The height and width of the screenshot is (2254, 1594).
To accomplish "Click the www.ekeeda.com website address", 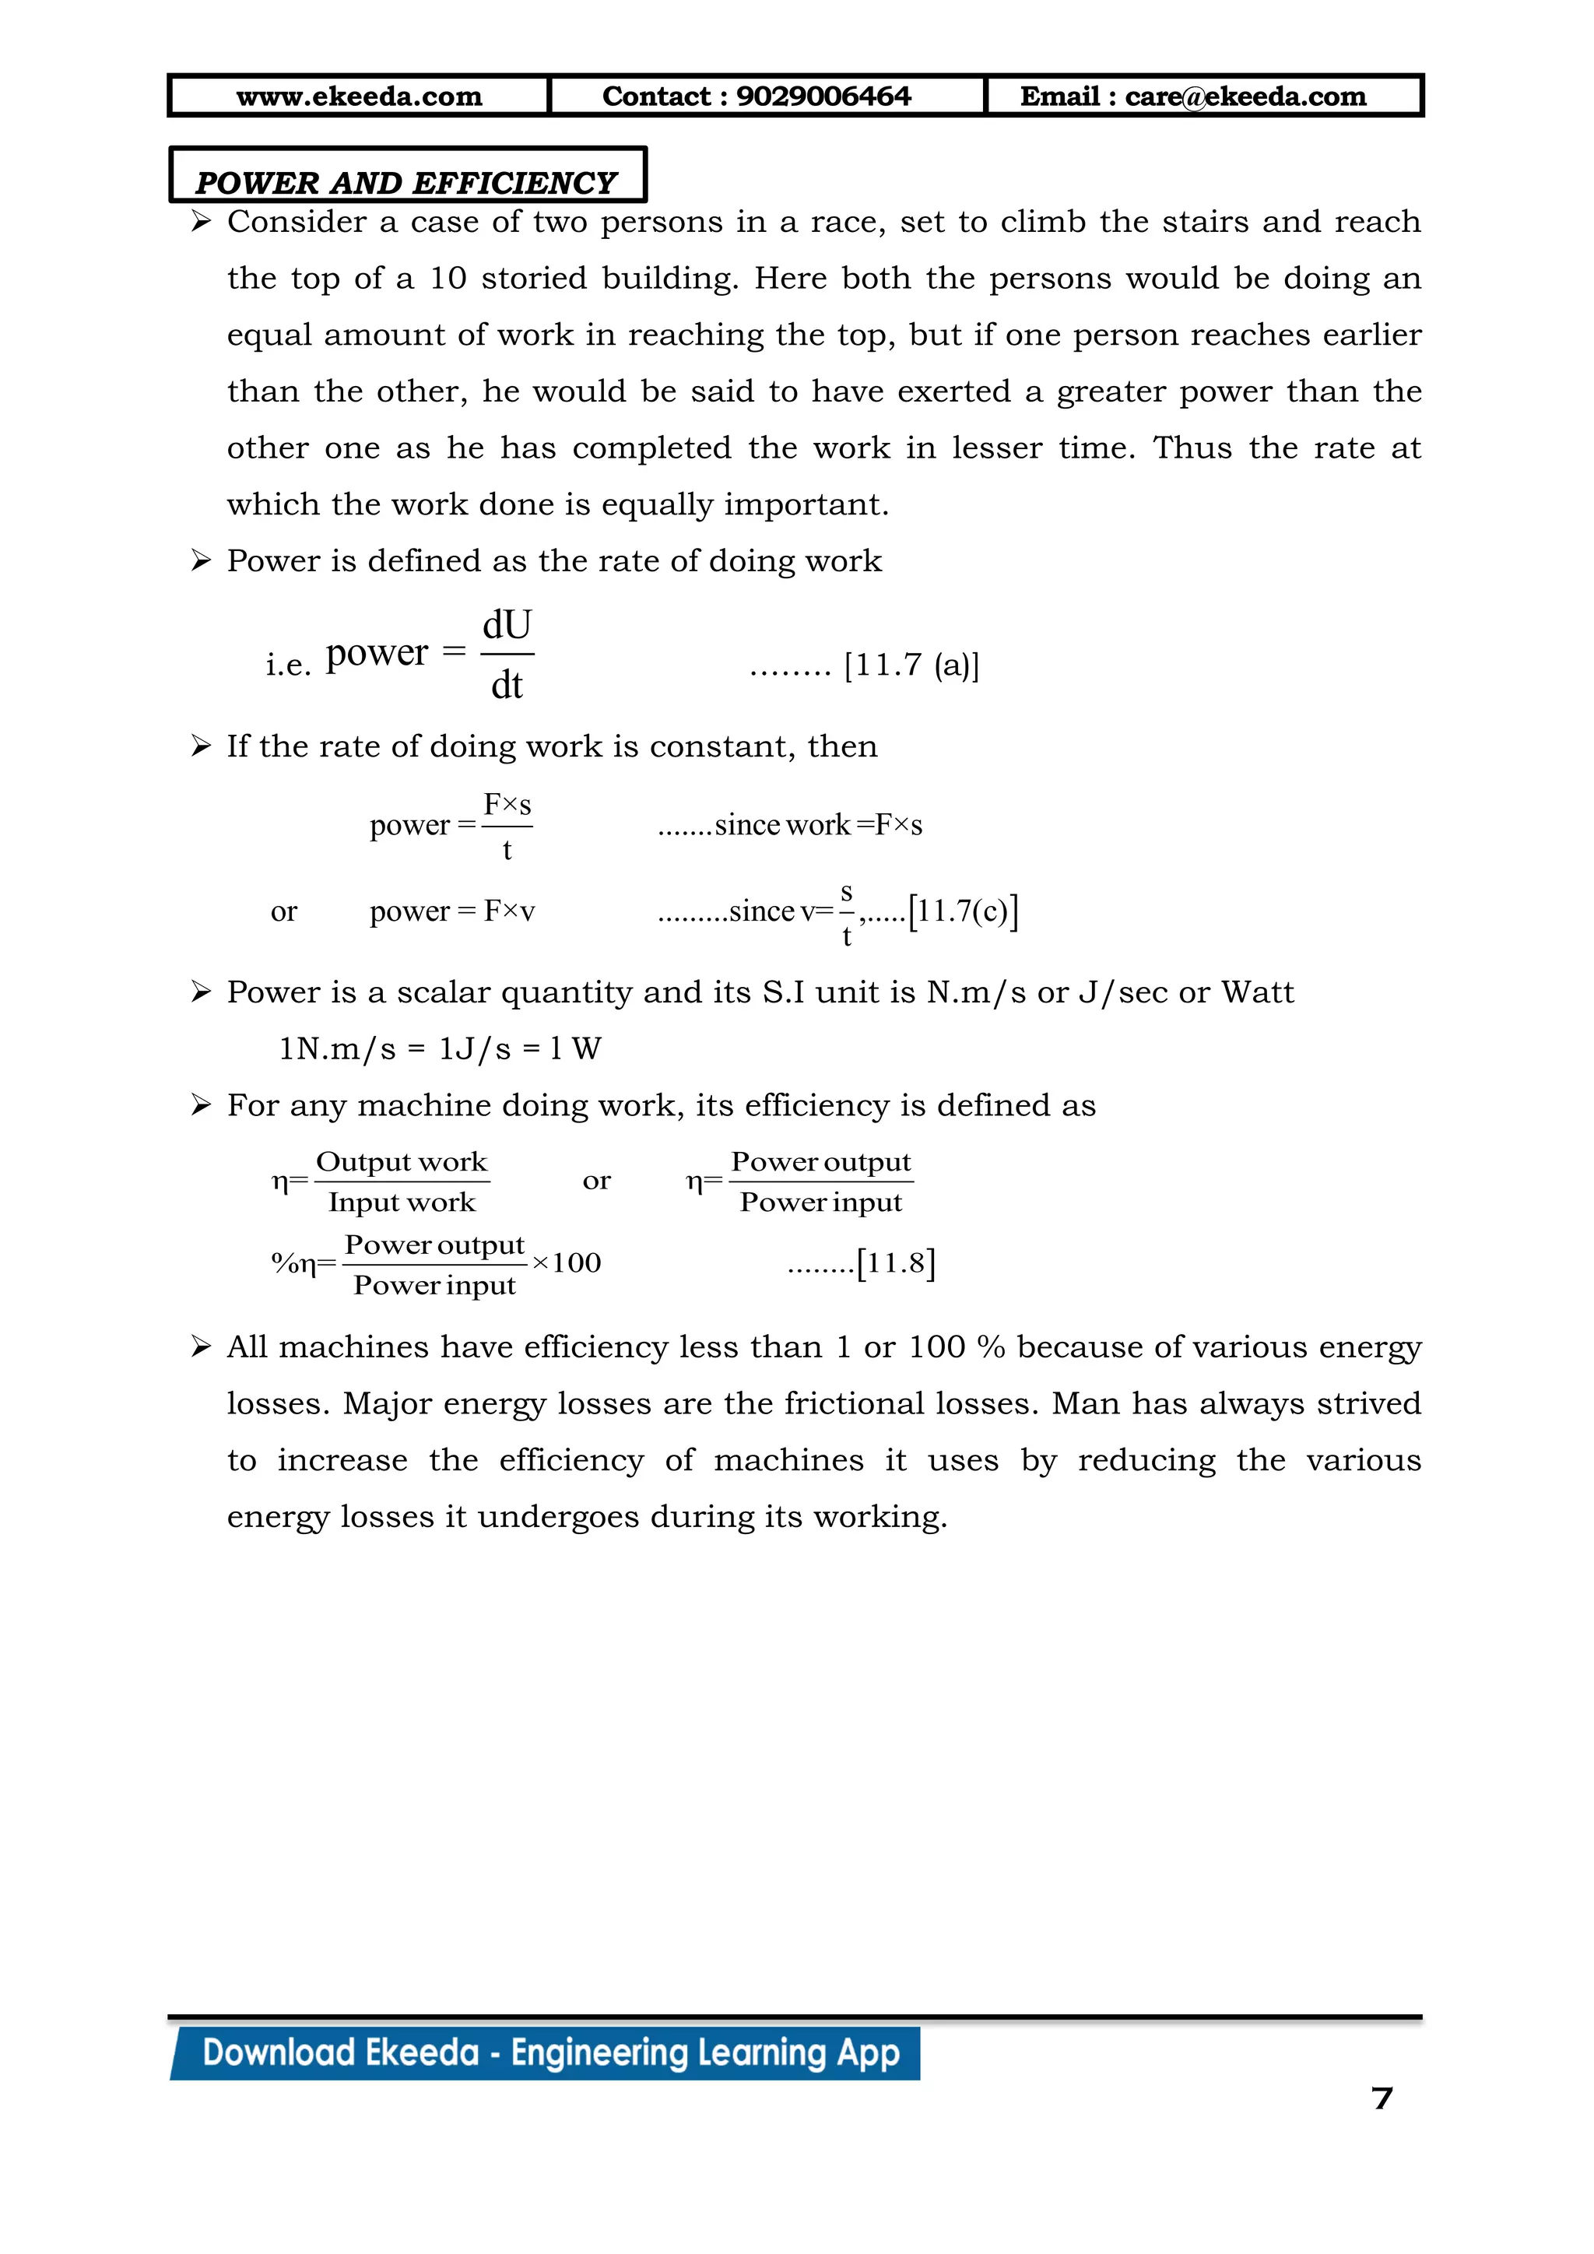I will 360,97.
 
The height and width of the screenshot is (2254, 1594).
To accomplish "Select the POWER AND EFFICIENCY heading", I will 406,183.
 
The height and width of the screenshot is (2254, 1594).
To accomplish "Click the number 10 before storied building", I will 448,278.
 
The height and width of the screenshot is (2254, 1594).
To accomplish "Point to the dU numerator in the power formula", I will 507,625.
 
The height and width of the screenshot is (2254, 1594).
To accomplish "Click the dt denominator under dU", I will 507,685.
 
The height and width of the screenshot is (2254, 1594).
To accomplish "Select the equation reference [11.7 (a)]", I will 911,665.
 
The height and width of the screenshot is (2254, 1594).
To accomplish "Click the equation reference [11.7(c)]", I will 963,911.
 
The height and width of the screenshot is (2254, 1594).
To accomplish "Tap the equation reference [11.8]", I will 895,1262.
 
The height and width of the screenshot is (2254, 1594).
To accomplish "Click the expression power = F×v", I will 452,911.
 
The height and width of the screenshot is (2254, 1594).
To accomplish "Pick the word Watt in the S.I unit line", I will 1257,992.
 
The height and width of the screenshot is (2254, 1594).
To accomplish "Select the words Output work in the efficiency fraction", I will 402,1162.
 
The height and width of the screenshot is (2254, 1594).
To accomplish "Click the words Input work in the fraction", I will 402,1202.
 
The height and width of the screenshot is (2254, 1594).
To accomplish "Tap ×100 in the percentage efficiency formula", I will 567,1263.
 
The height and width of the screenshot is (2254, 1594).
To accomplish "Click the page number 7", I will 1382,2098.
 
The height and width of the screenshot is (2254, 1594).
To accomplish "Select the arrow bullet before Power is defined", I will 202,560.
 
